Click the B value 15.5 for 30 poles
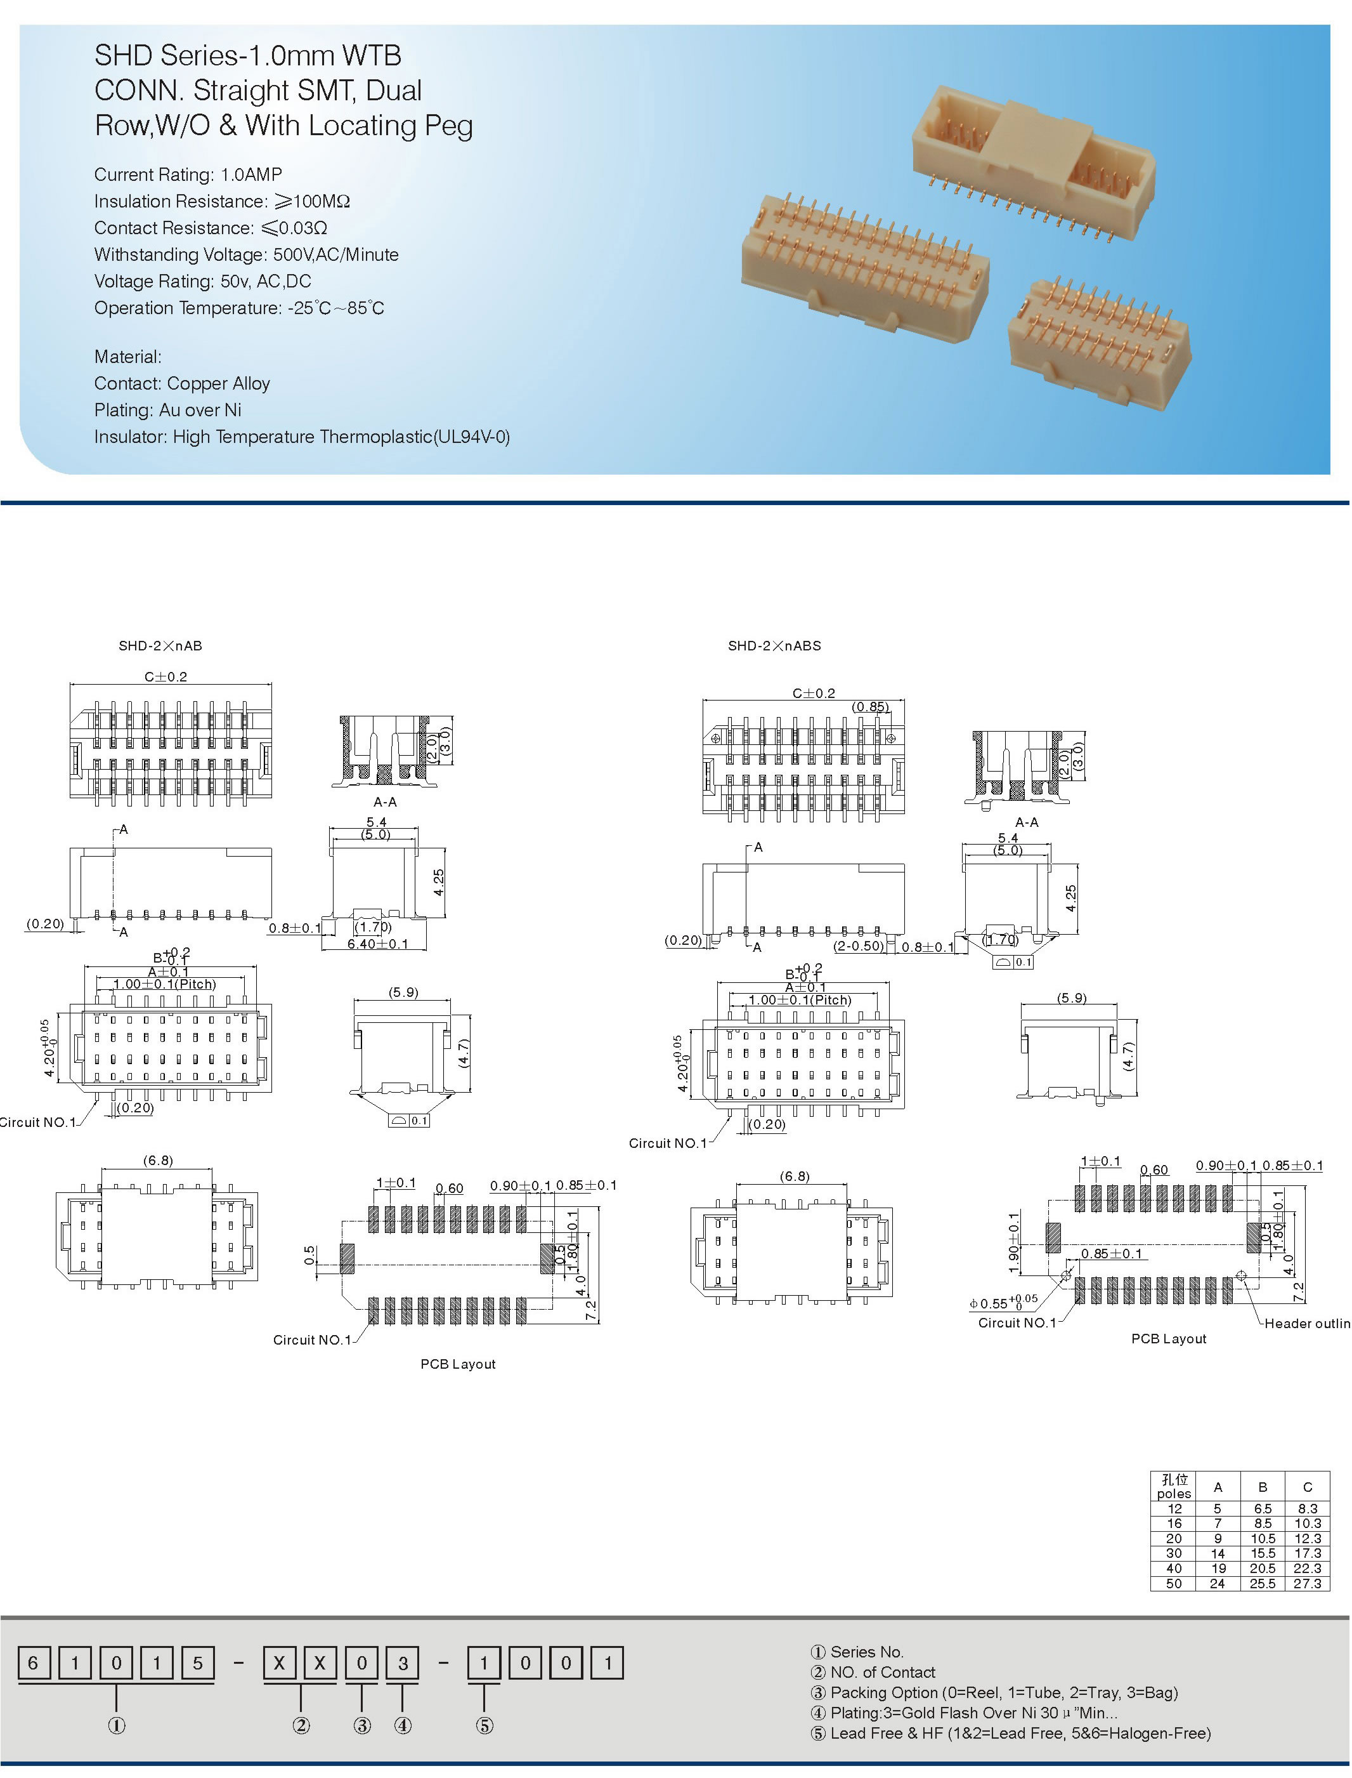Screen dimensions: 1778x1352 [1262, 1553]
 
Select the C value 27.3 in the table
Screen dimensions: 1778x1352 [1307, 1583]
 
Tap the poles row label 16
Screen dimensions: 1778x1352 [1174, 1524]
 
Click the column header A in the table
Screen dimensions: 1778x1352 [1218, 1487]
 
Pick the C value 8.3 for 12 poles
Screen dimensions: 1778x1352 [1307, 1508]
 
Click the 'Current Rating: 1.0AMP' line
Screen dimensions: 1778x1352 [188, 175]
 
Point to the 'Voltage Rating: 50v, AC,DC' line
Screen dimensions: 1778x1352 [202, 281]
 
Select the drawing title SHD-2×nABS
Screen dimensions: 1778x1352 [774, 646]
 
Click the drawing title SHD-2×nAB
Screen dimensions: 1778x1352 [160, 646]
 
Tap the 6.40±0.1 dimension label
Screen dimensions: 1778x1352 [377, 944]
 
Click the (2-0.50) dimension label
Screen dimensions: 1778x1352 [858, 945]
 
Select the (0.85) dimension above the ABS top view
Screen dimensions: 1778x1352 [871, 707]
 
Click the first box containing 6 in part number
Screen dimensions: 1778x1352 [33, 1663]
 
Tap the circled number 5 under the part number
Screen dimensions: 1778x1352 [484, 1726]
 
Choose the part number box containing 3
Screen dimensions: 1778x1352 [403, 1663]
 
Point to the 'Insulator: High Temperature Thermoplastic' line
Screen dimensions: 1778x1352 [302, 437]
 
